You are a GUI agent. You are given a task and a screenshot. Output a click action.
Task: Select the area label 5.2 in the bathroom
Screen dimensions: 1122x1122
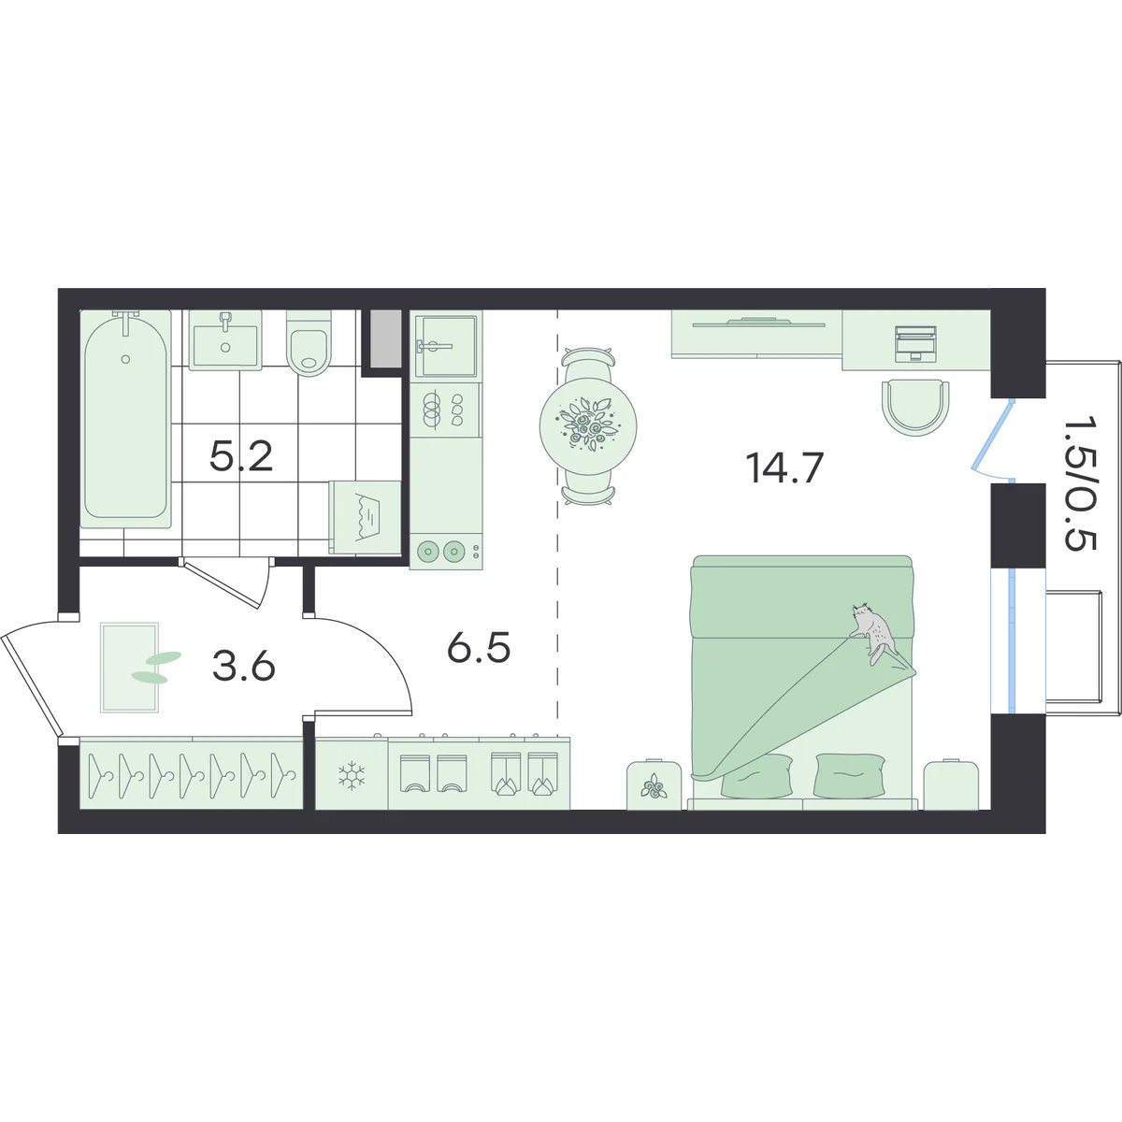241,456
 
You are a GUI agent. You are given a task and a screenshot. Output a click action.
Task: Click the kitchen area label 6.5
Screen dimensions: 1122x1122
479,648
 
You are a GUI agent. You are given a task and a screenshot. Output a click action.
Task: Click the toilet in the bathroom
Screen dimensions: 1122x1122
309,343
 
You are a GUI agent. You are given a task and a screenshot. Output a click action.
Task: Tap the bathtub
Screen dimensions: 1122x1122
126,419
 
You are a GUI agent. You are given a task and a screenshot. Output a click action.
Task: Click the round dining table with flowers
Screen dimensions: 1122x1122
588,426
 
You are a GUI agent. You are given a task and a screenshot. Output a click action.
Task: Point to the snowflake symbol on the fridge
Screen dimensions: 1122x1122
352,775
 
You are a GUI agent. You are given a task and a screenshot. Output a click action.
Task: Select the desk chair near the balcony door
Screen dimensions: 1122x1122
916,407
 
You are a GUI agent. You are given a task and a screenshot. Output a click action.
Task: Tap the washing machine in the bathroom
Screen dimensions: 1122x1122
365,517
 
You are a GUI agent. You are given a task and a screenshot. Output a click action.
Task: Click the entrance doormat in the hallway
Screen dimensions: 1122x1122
129,668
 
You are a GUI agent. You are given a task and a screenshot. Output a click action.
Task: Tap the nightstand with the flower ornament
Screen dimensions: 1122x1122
654,784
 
